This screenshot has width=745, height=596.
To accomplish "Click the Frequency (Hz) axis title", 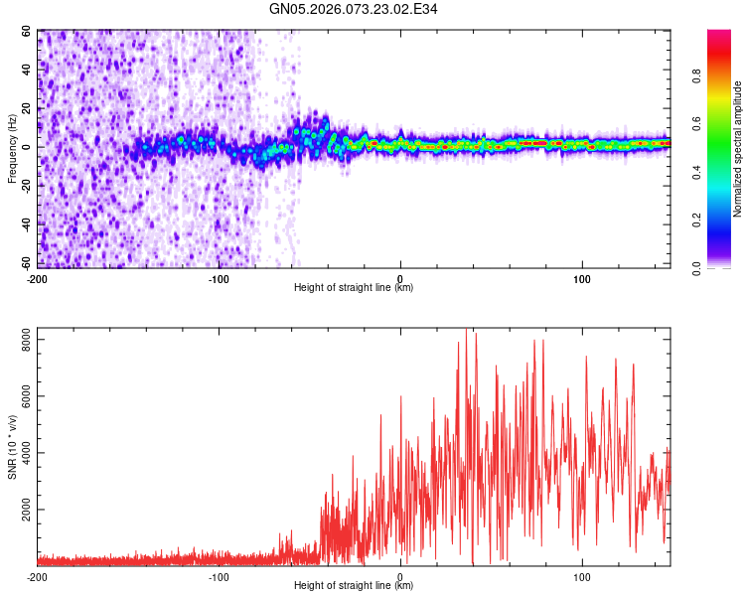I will coord(12,148).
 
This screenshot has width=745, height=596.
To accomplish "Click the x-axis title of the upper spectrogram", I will coord(354,287).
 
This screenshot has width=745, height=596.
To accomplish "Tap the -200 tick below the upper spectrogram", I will coord(38,277).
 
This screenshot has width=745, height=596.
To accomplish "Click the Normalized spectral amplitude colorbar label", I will coord(737,149).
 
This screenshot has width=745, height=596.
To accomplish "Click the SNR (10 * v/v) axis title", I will coord(12,447).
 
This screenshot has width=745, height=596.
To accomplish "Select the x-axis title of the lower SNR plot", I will coord(354,585).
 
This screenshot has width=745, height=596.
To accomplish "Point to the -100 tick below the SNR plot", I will coord(219,575).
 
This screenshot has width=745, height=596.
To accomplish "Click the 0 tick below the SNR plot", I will coord(400,575).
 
